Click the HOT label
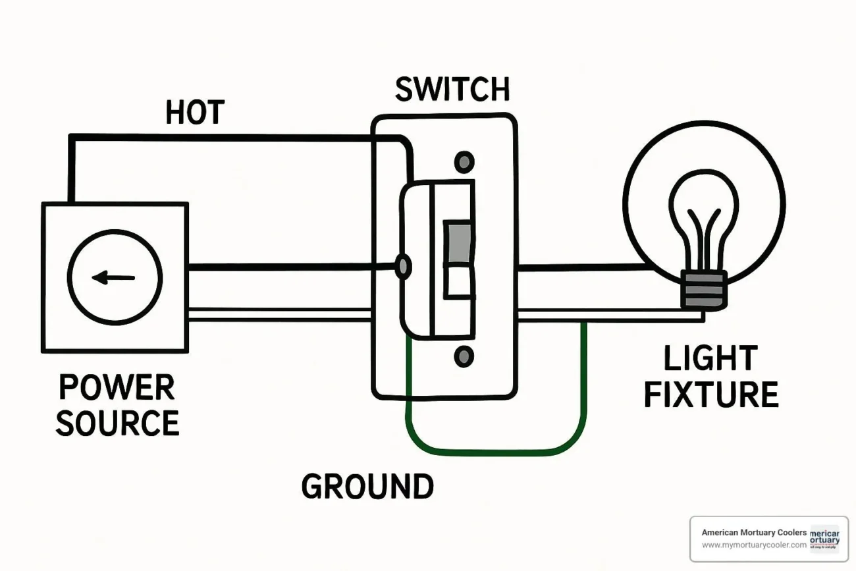pyautogui.click(x=195, y=113)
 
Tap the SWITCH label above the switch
pyautogui.click(x=452, y=90)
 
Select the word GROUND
pyautogui.click(x=367, y=487)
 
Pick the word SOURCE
pyautogui.click(x=117, y=423)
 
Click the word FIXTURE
pyautogui.click(x=711, y=395)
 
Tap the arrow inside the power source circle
pyautogui.click(x=113, y=278)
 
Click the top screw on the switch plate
pyautogui.click(x=465, y=161)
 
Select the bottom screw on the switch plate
pyautogui.click(x=465, y=357)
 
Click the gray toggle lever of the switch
pyautogui.click(x=459, y=243)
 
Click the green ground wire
pyautogui.click(x=494, y=452)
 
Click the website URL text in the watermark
pyautogui.click(x=754, y=545)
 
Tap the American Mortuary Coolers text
pyautogui.click(x=754, y=532)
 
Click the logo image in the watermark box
pyautogui.click(x=824, y=538)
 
